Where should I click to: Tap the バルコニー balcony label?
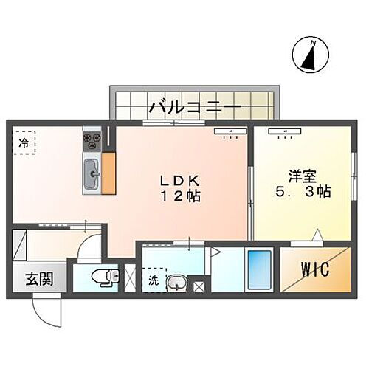194,108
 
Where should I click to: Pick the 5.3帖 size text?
302,191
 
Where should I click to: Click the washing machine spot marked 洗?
154,281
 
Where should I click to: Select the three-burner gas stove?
92,138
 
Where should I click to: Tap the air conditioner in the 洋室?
283,132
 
